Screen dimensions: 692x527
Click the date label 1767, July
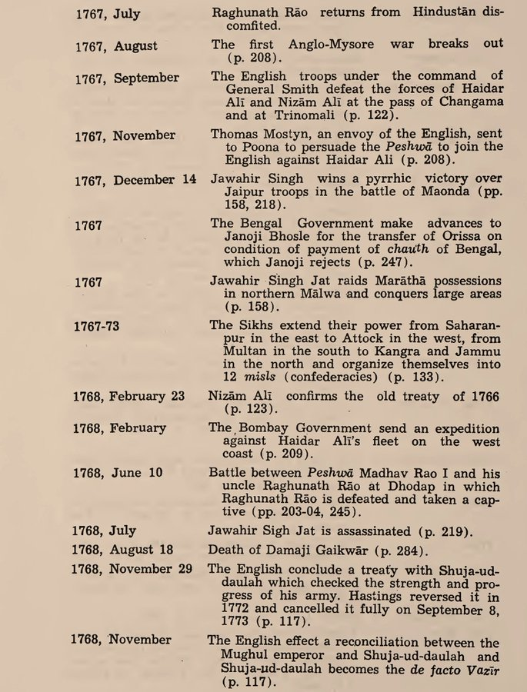[x=108, y=15]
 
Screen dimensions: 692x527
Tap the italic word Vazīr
[x=482, y=668]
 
